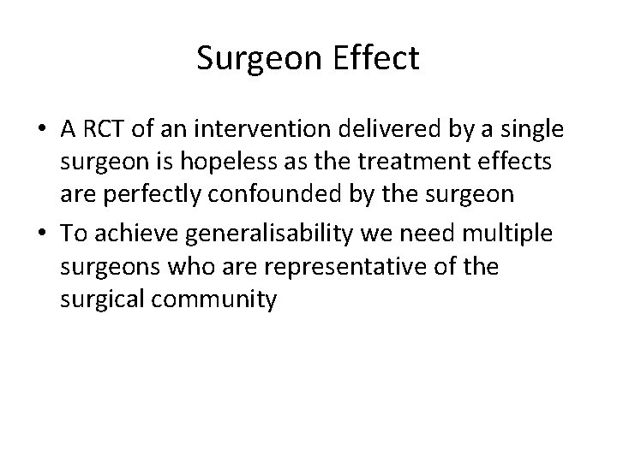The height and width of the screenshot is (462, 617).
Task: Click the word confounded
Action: click(x=267, y=194)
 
